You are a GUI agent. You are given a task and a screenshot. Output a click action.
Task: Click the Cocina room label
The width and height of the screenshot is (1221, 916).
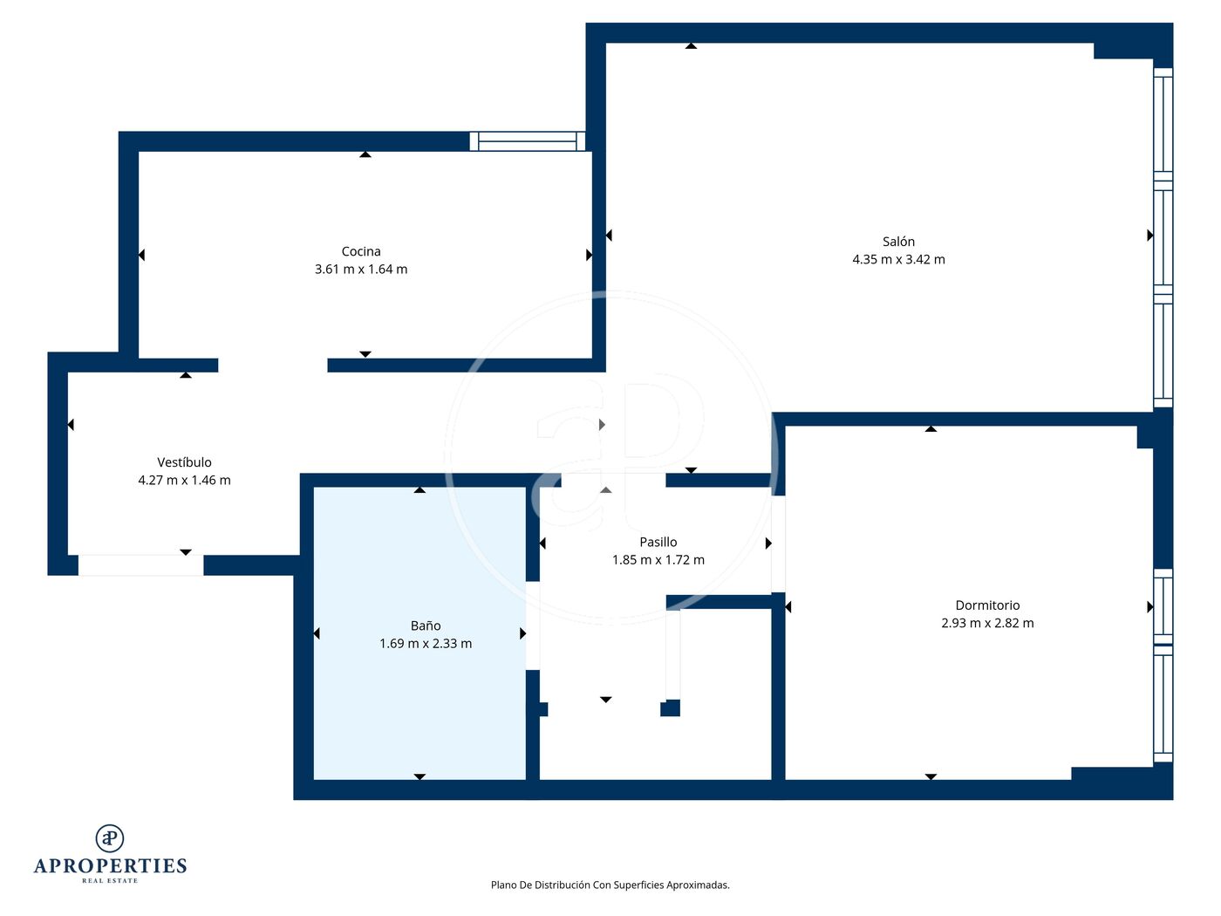pos(360,251)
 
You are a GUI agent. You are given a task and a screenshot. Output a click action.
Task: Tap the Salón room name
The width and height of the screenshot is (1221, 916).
pos(898,242)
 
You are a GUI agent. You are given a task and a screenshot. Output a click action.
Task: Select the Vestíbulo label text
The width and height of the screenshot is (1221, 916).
pos(184,462)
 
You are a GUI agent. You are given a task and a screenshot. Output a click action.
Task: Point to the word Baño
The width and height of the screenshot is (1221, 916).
pos(426,625)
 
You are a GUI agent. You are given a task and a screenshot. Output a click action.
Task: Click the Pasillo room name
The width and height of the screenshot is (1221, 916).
pos(658,542)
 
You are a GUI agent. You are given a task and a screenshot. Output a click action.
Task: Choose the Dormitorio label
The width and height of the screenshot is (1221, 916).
pos(987,605)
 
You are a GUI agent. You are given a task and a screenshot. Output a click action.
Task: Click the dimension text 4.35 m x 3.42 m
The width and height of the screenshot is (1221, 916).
pos(898,259)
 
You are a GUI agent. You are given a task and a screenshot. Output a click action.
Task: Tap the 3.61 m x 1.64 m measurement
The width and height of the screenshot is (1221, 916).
pos(361,270)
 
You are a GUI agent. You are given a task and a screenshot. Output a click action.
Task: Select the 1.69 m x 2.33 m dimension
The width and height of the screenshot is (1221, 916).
pos(426,644)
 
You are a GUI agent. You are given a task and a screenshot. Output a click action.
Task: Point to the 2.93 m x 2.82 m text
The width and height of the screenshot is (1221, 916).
pos(987,623)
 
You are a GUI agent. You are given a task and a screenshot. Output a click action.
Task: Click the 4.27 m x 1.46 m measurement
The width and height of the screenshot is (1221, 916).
pos(184,480)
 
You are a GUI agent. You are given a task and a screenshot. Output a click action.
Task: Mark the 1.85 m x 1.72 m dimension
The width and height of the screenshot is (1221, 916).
pos(658,559)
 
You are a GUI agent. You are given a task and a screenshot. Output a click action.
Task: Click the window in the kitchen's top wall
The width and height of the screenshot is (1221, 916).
pos(528,141)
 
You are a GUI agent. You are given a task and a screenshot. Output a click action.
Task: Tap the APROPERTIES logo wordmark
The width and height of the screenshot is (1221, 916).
pos(110,866)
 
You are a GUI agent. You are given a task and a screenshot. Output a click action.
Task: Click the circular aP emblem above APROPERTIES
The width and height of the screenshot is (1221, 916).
pos(110,838)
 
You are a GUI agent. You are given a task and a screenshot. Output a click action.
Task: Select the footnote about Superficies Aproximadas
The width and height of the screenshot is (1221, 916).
pos(610,885)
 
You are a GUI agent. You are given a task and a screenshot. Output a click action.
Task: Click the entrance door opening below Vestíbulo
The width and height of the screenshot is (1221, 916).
pos(140,565)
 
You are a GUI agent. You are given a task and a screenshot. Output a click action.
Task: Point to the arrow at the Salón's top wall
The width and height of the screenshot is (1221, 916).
pos(691,45)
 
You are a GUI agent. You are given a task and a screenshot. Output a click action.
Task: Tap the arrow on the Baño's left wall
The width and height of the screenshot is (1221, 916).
pos(317,633)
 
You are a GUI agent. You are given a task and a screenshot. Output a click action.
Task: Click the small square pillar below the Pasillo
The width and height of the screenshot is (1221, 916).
pos(670,708)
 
